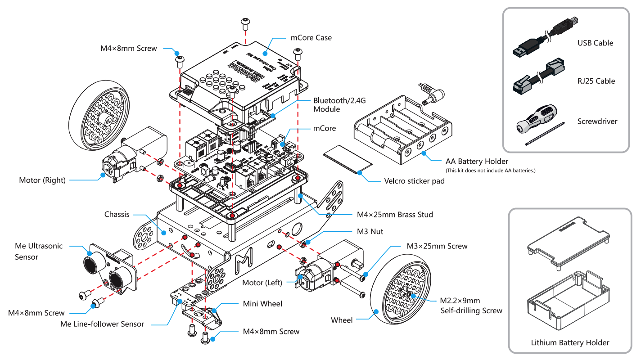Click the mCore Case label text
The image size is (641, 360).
click(x=311, y=37)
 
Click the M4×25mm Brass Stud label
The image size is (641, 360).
click(x=395, y=215)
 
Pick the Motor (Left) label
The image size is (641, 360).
click(x=262, y=283)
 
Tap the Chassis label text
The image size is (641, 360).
click(x=117, y=214)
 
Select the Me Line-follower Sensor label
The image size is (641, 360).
click(x=102, y=324)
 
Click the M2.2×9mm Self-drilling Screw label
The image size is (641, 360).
click(x=471, y=306)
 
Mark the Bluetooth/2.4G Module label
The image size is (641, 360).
click(x=333, y=105)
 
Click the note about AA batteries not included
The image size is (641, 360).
click(x=490, y=170)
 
